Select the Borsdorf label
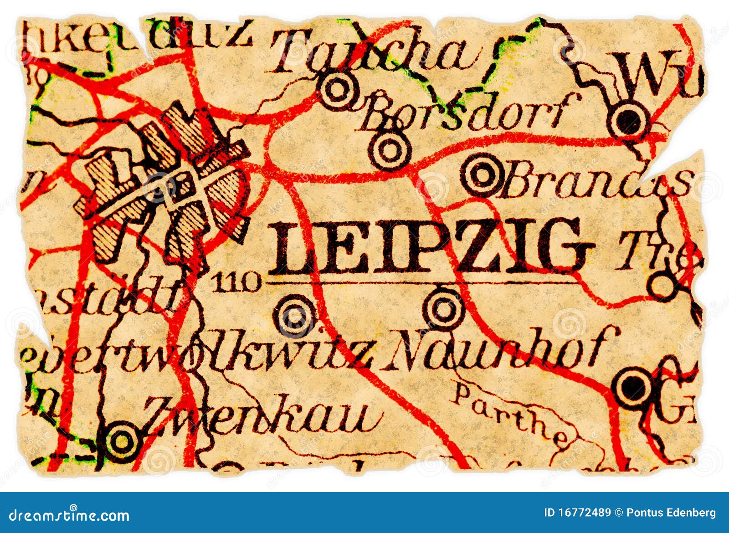469,112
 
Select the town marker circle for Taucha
337,90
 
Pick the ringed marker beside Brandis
482,174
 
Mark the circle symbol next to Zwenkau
121,441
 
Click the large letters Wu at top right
656,73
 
